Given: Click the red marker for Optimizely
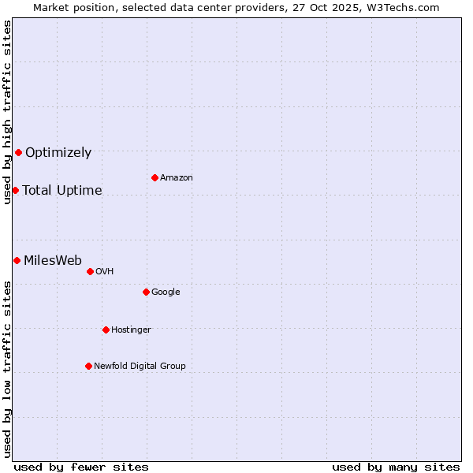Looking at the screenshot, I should pos(18,152).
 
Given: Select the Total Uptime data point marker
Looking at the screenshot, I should pos(15,190).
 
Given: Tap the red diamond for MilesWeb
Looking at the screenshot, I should pos(17,260).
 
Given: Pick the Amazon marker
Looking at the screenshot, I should pos(155,177).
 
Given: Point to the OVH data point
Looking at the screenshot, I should pos(90,271).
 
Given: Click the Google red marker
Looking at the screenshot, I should pos(146,292).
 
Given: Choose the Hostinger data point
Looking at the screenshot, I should pos(106,330).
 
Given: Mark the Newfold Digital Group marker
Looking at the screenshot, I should pos(88,366).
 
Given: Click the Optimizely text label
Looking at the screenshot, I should pos(58,153).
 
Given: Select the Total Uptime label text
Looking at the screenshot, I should pos(62,191).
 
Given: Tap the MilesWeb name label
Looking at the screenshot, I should pos(53,261).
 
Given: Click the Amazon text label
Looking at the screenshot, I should pos(177,178).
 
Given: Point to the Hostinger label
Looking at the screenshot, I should pos(131,330).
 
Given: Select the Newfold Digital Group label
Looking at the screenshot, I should pos(140,366).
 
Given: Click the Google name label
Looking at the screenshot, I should pos(166,292).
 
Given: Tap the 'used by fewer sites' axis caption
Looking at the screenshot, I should pos(81,467).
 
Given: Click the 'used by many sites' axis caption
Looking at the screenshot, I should pos(396,467).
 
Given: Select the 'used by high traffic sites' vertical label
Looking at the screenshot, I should pos(7,112).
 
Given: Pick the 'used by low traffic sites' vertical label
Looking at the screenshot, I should pos(7,368).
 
